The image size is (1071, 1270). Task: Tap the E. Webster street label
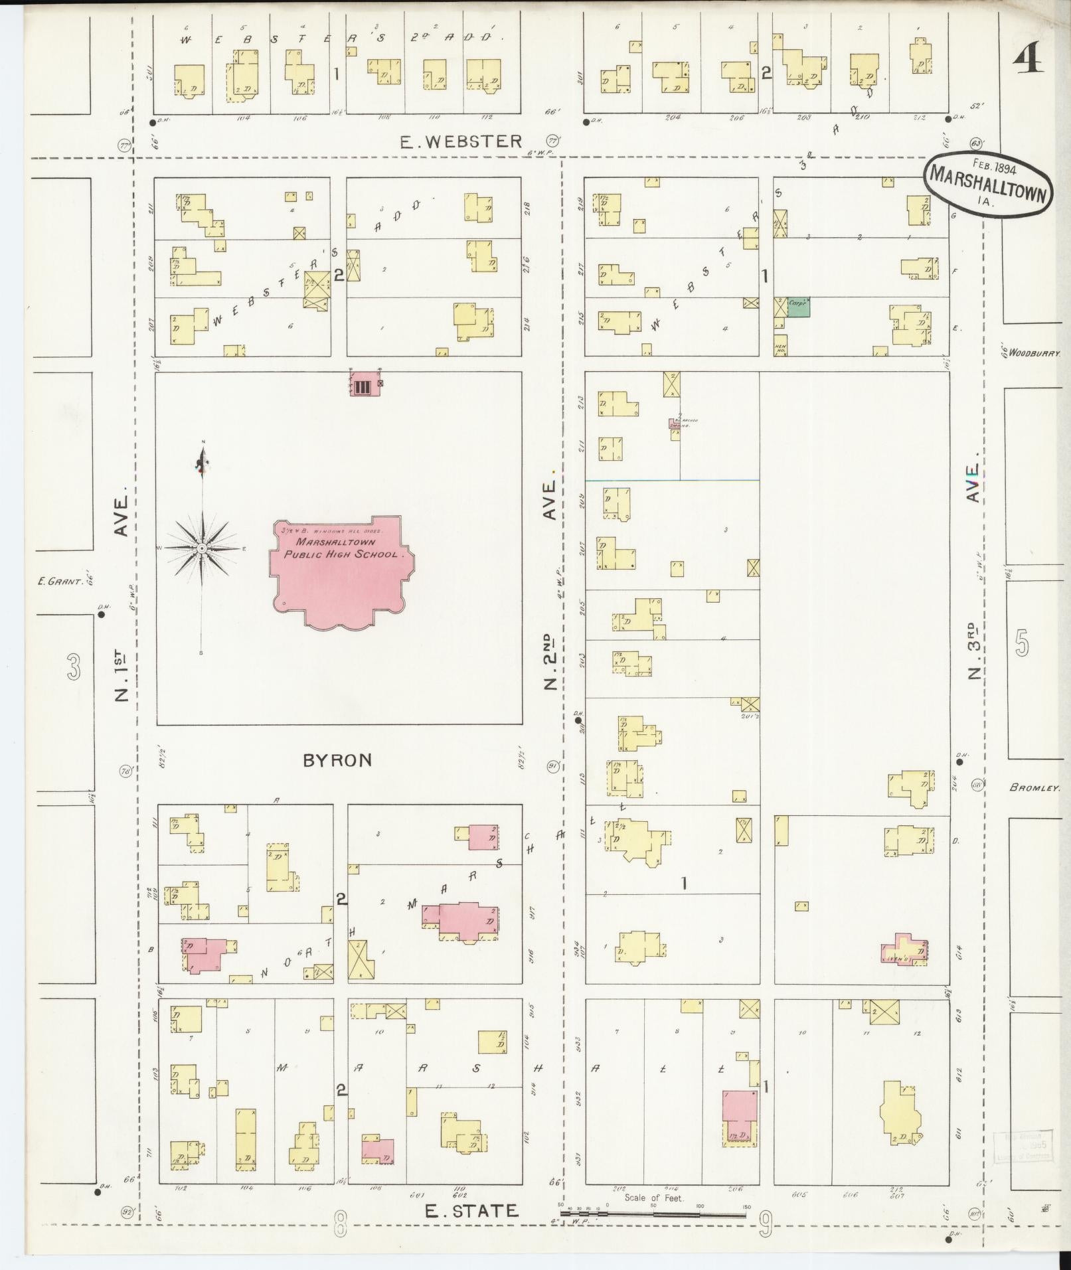pyautogui.click(x=461, y=141)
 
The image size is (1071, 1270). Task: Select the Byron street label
pyautogui.click(x=337, y=760)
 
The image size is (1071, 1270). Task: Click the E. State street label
pyautogui.click(x=471, y=1210)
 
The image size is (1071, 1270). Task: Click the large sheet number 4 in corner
pyautogui.click(x=1028, y=61)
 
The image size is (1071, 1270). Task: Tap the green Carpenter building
pyautogui.click(x=798, y=307)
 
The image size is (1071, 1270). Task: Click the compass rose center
pyautogui.click(x=202, y=548)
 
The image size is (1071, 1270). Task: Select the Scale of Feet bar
pyautogui.click(x=653, y=1213)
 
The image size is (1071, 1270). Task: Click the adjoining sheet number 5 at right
pyautogui.click(x=1021, y=643)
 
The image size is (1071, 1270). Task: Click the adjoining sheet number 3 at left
pyautogui.click(x=73, y=667)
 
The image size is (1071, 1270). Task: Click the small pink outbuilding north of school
pyautogui.click(x=365, y=384)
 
